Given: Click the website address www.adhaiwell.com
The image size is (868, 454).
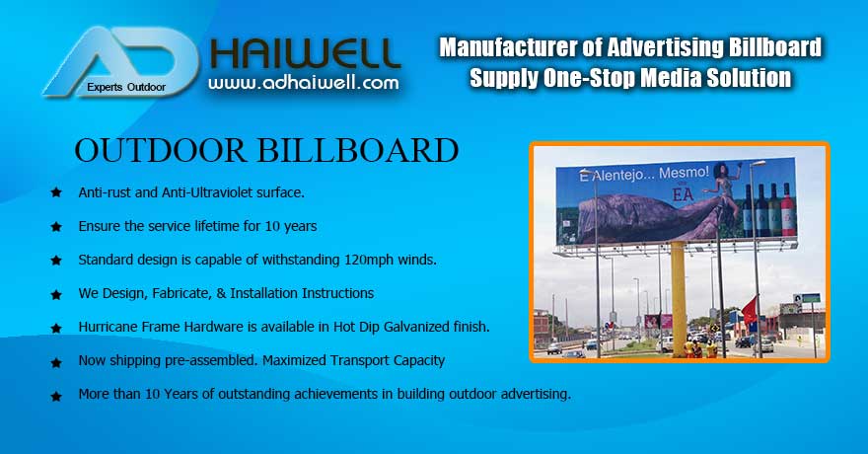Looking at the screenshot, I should point(305,83).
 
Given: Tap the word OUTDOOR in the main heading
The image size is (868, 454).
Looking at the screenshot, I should point(161,151).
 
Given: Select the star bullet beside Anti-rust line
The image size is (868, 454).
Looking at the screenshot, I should point(56,192).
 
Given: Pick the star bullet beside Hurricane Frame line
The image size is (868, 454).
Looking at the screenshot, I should point(56,327).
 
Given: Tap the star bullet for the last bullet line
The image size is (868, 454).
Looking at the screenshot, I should point(56,394).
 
